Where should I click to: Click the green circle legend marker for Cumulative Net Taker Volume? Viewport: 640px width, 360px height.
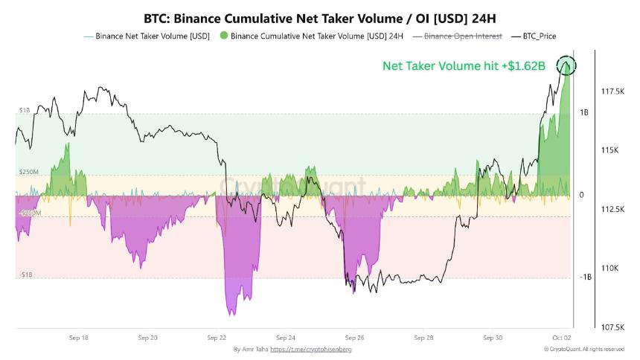[224, 36]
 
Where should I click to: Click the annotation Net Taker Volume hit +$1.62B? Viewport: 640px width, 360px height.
[464, 66]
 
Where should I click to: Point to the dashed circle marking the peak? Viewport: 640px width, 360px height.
[566, 65]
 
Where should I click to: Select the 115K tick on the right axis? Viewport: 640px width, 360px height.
[609, 150]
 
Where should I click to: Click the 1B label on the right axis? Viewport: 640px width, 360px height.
[584, 112]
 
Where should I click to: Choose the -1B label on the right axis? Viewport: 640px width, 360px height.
[586, 277]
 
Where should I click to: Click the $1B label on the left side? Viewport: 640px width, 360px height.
[25, 110]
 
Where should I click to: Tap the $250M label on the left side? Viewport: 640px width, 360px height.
[28, 172]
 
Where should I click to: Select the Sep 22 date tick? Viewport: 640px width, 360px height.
[217, 337]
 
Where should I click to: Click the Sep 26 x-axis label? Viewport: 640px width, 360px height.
[355, 337]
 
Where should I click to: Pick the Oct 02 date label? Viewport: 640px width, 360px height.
[562, 337]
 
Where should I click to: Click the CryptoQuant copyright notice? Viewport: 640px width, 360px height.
[583, 349]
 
